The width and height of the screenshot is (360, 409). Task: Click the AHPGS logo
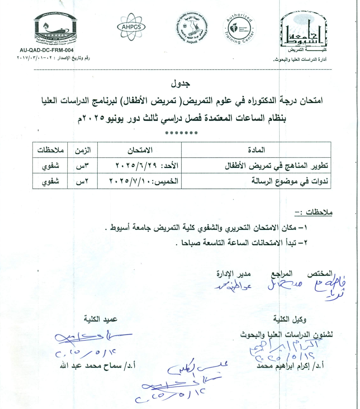(x=131, y=27)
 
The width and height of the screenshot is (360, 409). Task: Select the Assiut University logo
(x=304, y=31)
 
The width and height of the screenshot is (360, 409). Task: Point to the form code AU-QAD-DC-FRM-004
(x=47, y=50)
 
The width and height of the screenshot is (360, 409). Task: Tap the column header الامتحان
(x=140, y=150)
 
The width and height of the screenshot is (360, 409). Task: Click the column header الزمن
(x=82, y=150)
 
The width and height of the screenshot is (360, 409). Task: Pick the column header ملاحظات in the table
(x=50, y=150)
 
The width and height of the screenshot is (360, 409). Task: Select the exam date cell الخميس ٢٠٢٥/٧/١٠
(x=144, y=181)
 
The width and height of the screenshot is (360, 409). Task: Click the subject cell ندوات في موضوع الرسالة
(x=289, y=181)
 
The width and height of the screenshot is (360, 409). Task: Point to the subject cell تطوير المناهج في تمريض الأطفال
(x=276, y=165)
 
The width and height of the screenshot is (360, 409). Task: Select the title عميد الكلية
(x=100, y=319)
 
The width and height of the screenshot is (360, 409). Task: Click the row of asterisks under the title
(x=181, y=133)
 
